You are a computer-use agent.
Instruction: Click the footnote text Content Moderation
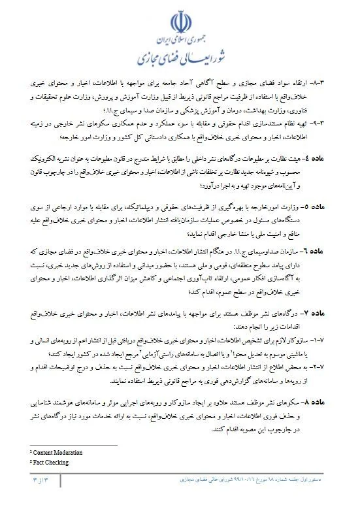(59, 452)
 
